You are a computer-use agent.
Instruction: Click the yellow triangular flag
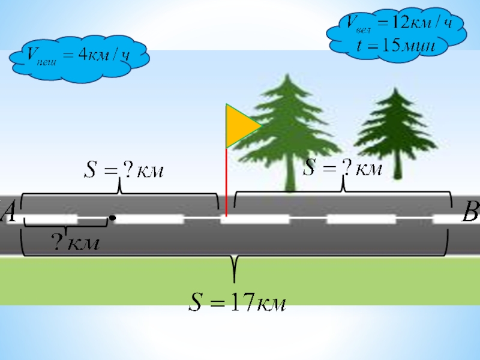[x=239, y=126]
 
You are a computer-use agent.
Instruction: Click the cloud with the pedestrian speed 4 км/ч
[x=78, y=57]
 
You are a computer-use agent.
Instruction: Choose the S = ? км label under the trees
[x=342, y=168]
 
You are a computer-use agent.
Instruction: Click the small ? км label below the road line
[x=74, y=244]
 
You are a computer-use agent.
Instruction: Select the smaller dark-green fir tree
[x=392, y=129]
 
